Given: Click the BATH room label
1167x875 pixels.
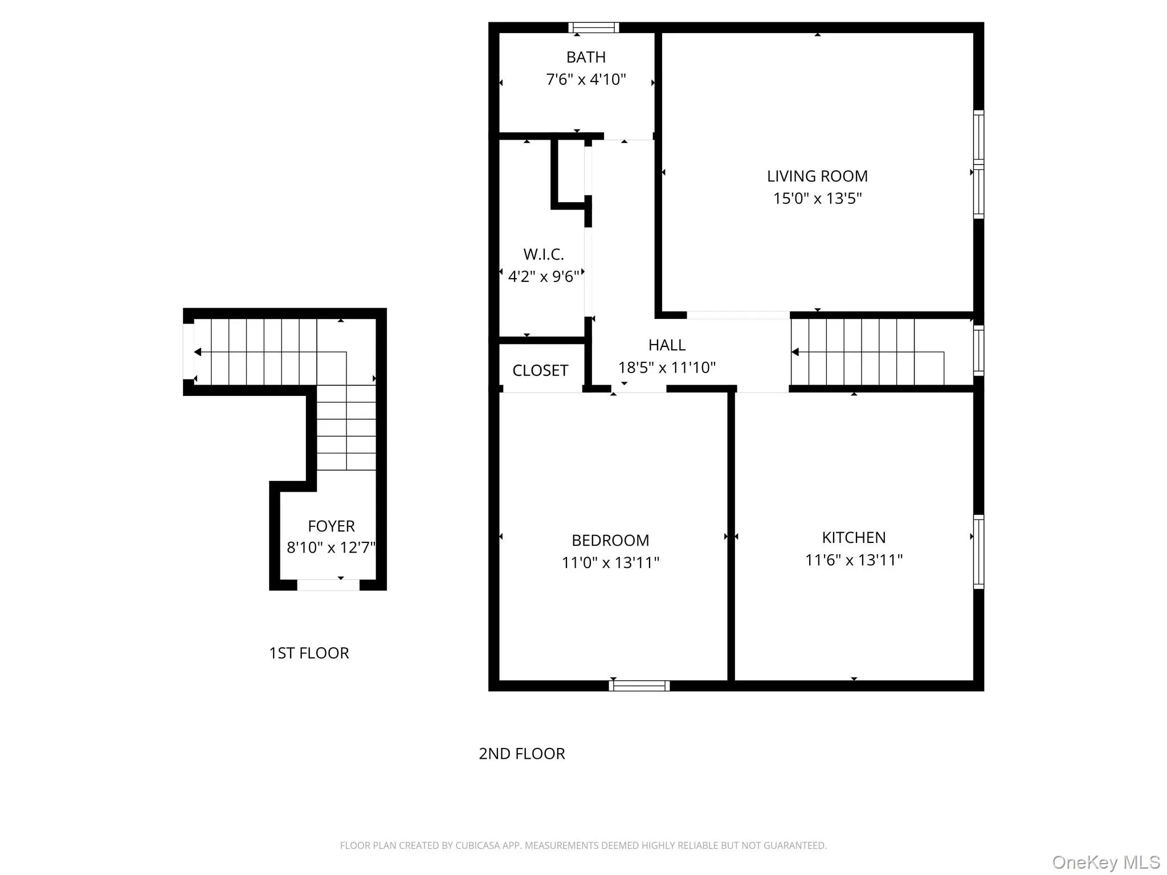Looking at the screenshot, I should tap(586, 57).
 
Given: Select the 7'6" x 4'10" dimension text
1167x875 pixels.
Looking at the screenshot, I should tap(586, 79).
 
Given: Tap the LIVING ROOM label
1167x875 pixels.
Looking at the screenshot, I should tap(817, 176).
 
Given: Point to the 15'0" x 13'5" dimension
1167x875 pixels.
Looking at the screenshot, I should tap(817, 198).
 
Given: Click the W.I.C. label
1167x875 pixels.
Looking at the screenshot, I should tap(544, 254).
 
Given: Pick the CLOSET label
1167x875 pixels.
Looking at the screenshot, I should tap(540, 370).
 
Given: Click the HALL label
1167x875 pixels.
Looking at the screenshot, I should tap(667, 345).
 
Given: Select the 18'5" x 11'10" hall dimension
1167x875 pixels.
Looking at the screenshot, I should tap(667, 367).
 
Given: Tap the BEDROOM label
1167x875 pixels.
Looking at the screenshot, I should tap(610, 540).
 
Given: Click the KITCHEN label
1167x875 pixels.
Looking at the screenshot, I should tap(854, 537).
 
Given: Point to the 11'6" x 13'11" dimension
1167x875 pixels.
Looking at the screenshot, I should tap(854, 560).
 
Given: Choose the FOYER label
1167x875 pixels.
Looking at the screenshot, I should tap(331, 526).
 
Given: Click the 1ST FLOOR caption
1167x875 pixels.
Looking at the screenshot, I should tap(309, 653).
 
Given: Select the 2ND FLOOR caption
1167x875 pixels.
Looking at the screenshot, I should tap(522, 754).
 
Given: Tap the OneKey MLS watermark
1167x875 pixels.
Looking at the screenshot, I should tap(1106, 862).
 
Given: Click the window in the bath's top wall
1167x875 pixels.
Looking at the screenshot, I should tap(594, 27).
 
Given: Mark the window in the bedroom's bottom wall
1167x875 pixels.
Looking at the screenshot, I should tap(639, 685).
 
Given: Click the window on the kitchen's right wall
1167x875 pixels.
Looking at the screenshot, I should tap(978, 551).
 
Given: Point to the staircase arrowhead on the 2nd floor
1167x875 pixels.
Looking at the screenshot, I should tap(795, 352).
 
